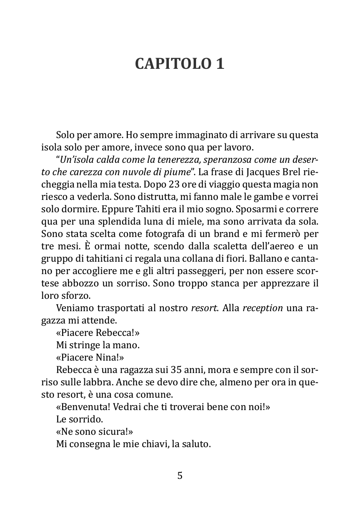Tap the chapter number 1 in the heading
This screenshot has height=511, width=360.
(220, 64)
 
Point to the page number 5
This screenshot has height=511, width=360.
(180, 476)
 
